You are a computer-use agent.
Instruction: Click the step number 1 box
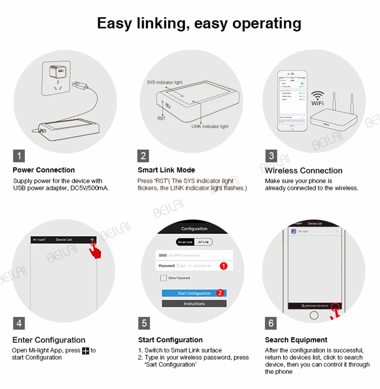(19, 156)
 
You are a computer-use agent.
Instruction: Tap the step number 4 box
(19, 323)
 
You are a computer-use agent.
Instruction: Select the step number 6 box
(271, 323)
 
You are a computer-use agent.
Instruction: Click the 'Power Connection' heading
(44, 170)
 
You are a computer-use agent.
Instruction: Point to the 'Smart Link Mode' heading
(166, 170)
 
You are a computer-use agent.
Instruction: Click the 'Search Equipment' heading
(296, 340)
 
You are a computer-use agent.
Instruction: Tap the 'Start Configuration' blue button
(194, 293)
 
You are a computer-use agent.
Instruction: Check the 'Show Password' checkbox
(163, 278)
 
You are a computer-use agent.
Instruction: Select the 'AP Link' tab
(203, 242)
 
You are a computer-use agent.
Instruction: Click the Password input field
(197, 266)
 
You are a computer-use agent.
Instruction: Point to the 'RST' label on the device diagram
(161, 118)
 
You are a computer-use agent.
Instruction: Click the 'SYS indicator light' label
(164, 82)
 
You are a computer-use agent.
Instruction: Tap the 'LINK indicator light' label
(209, 126)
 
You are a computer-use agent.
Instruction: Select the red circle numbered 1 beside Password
(223, 266)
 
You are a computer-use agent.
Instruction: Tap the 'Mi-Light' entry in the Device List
(314, 232)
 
